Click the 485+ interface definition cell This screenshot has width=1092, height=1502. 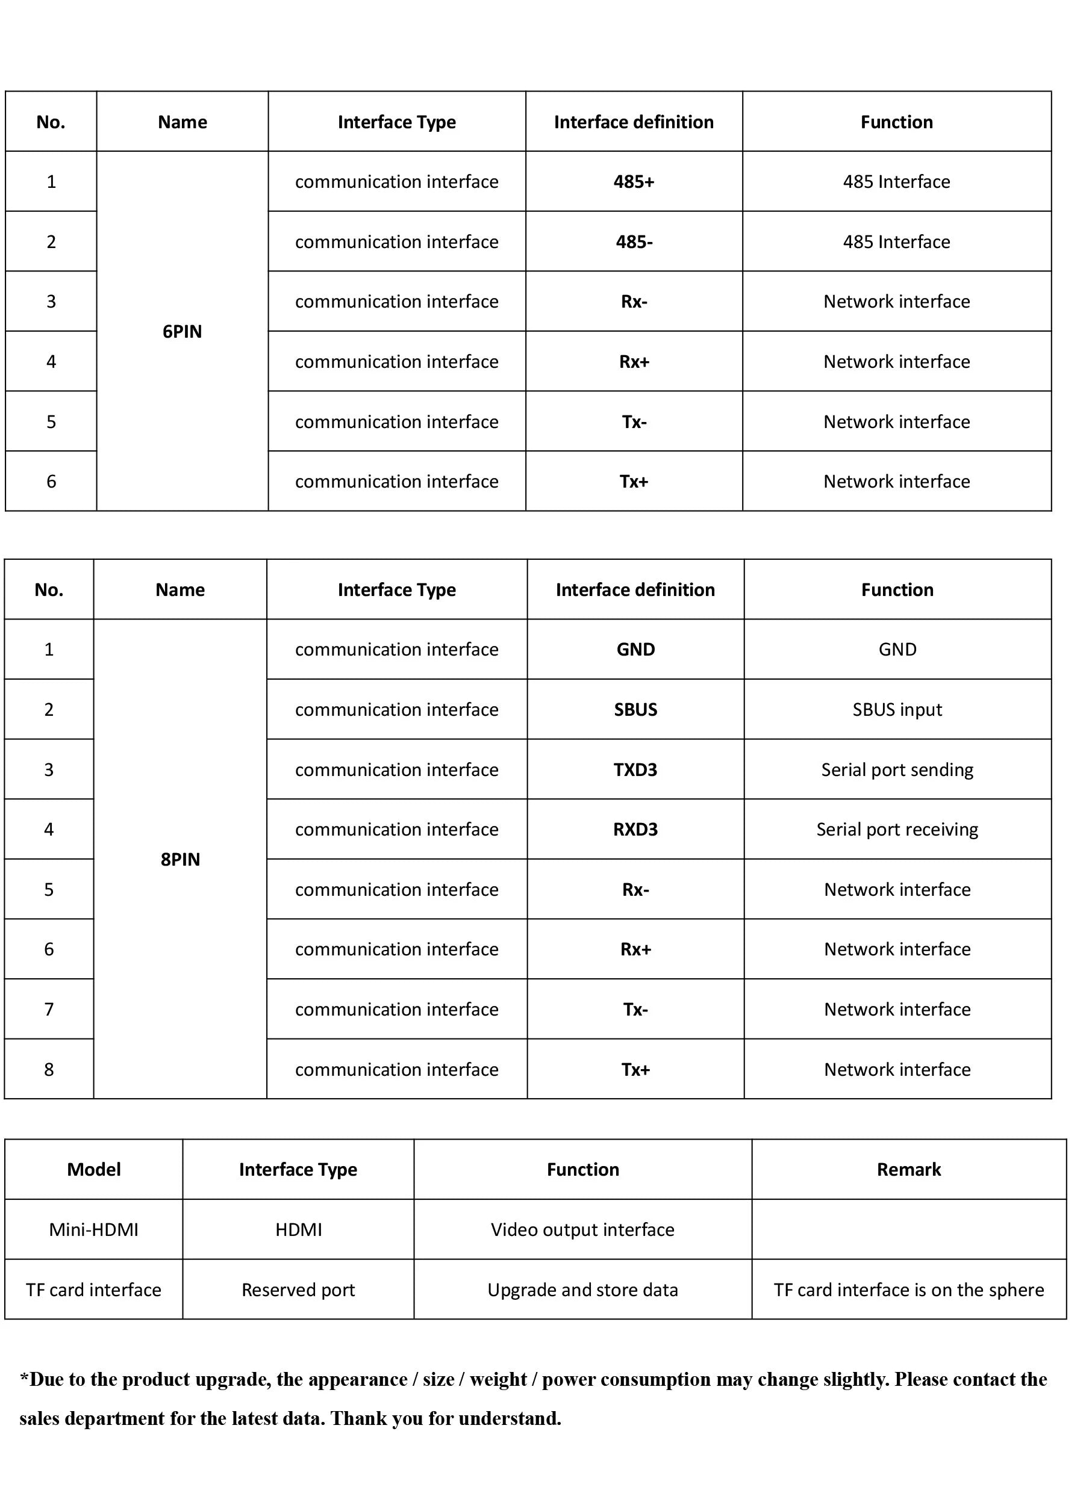pos(634,181)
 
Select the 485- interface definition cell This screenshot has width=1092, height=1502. pos(634,242)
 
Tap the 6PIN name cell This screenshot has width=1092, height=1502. pos(183,331)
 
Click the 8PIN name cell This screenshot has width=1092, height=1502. pos(180,859)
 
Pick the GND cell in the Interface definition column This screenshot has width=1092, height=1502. pos(635,649)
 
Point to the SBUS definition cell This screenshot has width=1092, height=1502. pos(635,709)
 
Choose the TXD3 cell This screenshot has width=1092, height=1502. pos(635,769)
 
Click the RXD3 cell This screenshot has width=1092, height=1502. pos(635,829)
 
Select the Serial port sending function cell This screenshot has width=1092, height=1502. pos(897,769)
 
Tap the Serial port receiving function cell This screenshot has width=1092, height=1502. pos(897,829)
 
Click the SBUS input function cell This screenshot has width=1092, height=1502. pos(897,709)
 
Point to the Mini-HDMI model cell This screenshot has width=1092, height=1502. pos(93,1230)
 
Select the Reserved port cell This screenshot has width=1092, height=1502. pos(298,1290)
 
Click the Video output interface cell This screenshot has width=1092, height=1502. pos(582,1230)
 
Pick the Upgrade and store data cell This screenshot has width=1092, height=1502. pos(582,1290)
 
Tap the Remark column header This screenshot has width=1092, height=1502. pos(908,1170)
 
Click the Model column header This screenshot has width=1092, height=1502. pos(93,1170)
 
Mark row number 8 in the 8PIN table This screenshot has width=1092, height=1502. pos(49,1070)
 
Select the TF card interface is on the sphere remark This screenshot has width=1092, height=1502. pos(908,1290)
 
